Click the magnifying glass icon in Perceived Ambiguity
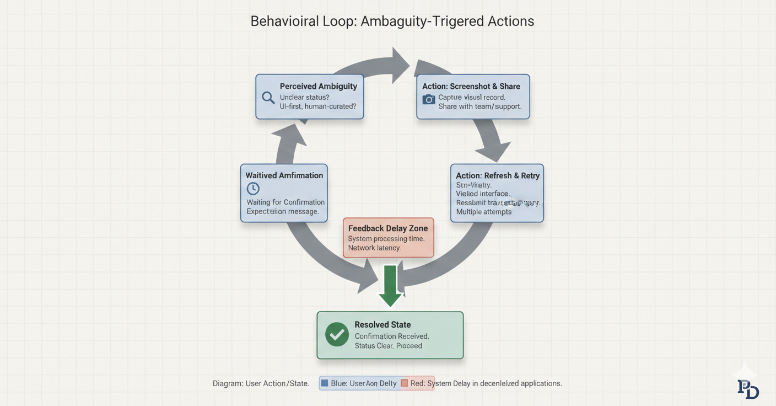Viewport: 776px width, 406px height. pyautogui.click(x=268, y=98)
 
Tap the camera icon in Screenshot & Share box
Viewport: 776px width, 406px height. pyautogui.click(x=428, y=99)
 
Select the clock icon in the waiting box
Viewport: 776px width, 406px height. pyautogui.click(x=253, y=189)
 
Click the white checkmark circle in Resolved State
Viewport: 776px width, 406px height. pyautogui.click(x=337, y=334)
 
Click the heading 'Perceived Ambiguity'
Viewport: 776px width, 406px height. pyautogui.click(x=318, y=86)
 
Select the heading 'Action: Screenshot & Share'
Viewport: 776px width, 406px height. pyautogui.click(x=471, y=86)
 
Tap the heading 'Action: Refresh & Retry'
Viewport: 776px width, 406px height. pyautogui.click(x=497, y=175)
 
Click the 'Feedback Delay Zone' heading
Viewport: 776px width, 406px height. pyautogui.click(x=387, y=228)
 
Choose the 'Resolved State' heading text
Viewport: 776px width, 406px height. pyautogui.click(x=382, y=324)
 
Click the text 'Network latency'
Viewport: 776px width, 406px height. pyautogui.click(x=374, y=248)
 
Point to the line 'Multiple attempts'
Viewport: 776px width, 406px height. pyautogui.click(x=483, y=212)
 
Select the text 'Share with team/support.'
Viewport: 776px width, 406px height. pyautogui.click(x=479, y=106)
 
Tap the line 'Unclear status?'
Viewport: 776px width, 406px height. pyautogui.click(x=304, y=97)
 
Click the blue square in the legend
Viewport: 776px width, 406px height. pyautogui.click(x=325, y=383)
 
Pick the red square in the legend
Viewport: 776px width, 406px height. pyautogui.click(x=405, y=383)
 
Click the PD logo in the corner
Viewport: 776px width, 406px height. pyautogui.click(x=748, y=388)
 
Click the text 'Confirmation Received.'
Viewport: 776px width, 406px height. pyautogui.click(x=391, y=336)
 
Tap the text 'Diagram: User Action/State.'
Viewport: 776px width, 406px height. pyautogui.click(x=261, y=383)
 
